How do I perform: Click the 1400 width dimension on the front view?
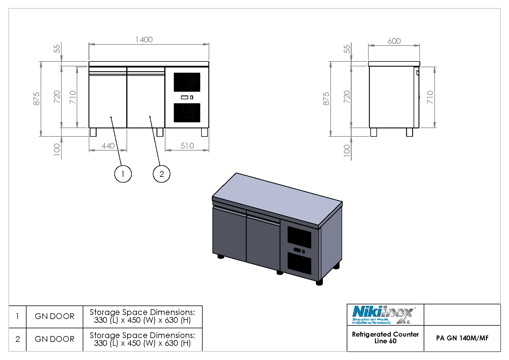[144, 40]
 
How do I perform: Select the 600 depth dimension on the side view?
[394, 41]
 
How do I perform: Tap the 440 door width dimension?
[108, 146]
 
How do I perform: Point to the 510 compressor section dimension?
[187, 146]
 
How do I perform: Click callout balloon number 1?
[123, 174]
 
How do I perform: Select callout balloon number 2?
[161, 174]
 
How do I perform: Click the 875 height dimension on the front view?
[37, 99]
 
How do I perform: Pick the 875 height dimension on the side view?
[326, 99]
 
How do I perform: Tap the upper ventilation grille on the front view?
[187, 82]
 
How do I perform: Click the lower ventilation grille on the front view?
[187, 113]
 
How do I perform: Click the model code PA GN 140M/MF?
[462, 338]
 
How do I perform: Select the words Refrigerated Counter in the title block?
[385, 334]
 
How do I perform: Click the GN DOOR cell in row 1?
[54, 316]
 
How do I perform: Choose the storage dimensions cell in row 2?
[142, 339]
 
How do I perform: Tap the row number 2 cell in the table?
[18, 339]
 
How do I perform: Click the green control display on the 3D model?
[303, 252]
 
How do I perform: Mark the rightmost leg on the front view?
[204, 132]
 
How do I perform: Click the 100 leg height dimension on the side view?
[347, 150]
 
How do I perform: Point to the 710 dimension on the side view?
[430, 97]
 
